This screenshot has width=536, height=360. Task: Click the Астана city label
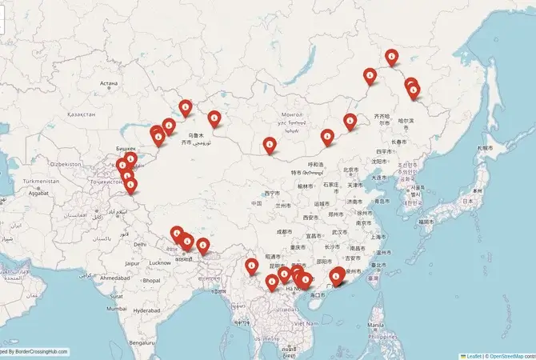(109, 83)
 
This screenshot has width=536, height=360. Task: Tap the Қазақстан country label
(82, 114)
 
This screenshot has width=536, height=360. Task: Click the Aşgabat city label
(39, 193)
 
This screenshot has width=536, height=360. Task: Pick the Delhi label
(141, 244)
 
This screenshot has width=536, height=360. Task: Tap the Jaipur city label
(133, 262)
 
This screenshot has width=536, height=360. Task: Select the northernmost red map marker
(391, 56)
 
